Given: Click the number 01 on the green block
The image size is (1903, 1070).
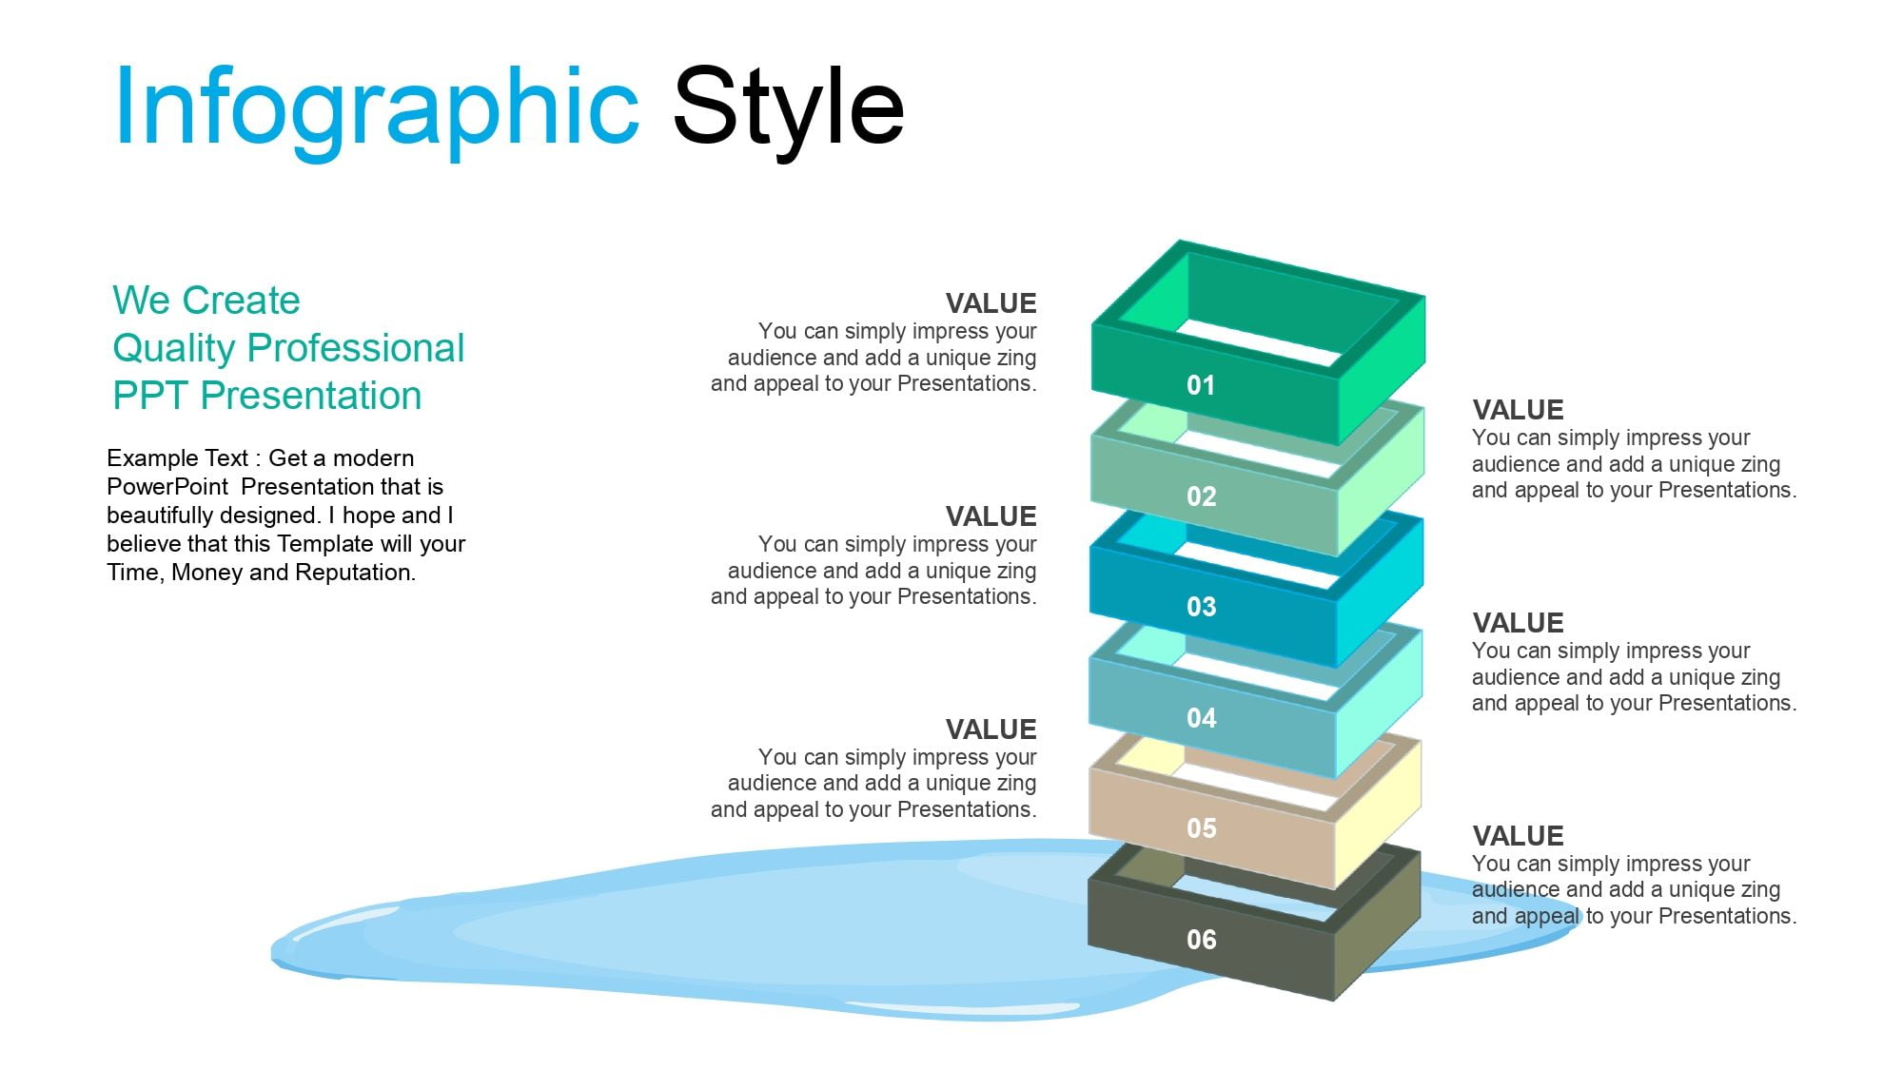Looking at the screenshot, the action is coord(1201,385).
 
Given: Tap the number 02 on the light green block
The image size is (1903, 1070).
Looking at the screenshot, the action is coord(1201,496).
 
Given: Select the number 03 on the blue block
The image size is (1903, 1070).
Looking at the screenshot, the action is coord(1201,607).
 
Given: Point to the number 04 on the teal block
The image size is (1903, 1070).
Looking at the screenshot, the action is coord(1201,718).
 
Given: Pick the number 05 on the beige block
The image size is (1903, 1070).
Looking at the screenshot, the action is coord(1201,828).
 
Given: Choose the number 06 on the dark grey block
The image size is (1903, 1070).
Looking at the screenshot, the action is coord(1201,940).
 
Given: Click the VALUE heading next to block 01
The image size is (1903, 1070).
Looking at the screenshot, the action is coord(991,303).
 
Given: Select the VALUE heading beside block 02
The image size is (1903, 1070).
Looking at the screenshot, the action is coord(1518,410).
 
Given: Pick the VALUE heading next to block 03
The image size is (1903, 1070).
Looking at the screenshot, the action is coord(991,516).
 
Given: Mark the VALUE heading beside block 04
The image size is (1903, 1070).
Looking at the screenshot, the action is coord(1518,623).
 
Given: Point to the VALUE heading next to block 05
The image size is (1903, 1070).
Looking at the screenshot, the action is coord(991,730).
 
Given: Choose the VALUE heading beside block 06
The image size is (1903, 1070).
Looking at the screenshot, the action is coord(1518,836).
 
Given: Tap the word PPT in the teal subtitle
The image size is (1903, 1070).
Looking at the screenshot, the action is coord(151,396).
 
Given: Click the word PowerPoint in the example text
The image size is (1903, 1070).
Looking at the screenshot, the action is coord(167,487).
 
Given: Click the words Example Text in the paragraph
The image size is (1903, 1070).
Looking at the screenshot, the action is coord(177,458).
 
